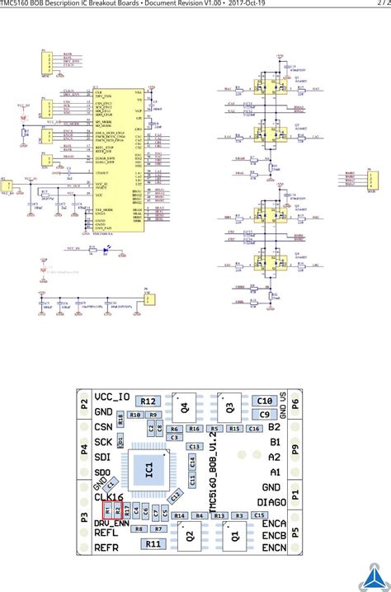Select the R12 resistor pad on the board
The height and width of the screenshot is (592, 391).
pyautogui.click(x=149, y=401)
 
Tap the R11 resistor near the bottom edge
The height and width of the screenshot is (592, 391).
pyautogui.click(x=153, y=543)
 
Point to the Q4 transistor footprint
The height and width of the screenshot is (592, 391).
pyautogui.click(x=185, y=405)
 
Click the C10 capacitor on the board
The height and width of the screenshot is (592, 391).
pyautogui.click(x=264, y=401)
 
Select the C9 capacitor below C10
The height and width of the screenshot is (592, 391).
pyautogui.click(x=264, y=415)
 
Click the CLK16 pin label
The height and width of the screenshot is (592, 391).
pyautogui.click(x=109, y=497)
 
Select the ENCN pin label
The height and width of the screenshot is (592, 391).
pyautogui.click(x=275, y=547)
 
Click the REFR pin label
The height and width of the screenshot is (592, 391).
pyautogui.click(x=107, y=547)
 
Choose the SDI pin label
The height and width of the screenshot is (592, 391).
pyautogui.click(x=103, y=456)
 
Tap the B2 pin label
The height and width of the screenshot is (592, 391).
pyautogui.click(x=275, y=426)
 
